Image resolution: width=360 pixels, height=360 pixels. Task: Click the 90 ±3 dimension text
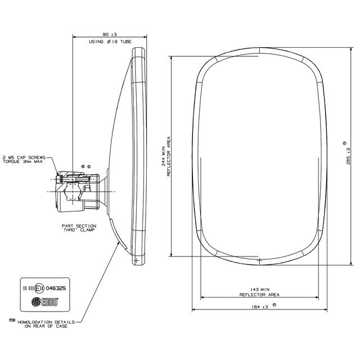coord(110,34)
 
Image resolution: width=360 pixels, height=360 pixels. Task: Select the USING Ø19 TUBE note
coord(110,42)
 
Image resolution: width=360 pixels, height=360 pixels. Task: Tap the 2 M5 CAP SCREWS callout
coord(24,157)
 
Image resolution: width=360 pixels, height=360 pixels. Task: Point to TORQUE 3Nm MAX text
coord(22,161)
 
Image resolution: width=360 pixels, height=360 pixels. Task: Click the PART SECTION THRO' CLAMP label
coord(79,228)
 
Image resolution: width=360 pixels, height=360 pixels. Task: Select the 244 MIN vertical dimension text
coord(163,156)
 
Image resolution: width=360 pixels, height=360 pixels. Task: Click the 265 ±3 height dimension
coord(348,156)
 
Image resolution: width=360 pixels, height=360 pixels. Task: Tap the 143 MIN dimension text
coord(260,290)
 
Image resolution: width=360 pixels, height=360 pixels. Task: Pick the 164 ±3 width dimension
coord(260,307)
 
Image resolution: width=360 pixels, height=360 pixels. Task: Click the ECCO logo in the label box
coord(45,301)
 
